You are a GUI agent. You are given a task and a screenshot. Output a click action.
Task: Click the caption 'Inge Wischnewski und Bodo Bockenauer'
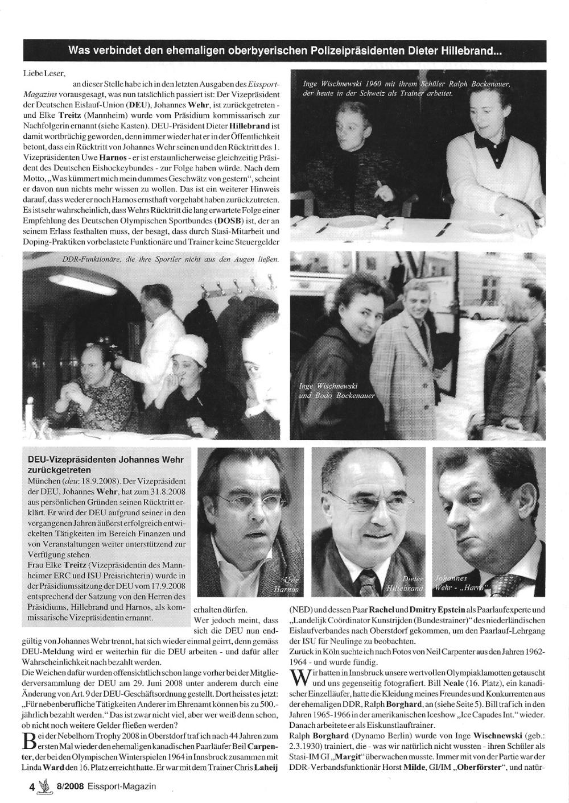click(x=337, y=391)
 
